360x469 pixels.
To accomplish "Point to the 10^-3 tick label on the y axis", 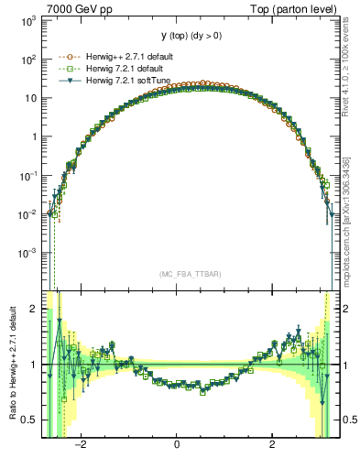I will pyautogui.click(x=27, y=252).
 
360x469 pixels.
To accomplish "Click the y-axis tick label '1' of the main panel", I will pyautogui.click(x=33, y=136).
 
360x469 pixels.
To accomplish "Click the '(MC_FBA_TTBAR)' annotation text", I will pyautogui.click(x=190, y=274).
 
